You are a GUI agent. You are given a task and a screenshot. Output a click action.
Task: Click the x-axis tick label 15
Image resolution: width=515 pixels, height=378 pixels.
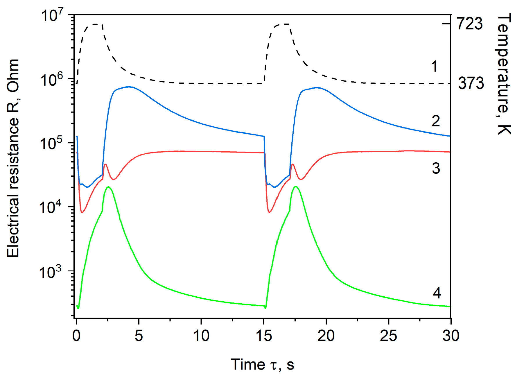[263, 336]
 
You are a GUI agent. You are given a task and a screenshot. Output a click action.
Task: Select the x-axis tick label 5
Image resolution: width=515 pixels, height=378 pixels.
[139, 336]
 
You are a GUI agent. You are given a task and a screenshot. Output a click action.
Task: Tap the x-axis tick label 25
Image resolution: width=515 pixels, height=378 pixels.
[388, 336]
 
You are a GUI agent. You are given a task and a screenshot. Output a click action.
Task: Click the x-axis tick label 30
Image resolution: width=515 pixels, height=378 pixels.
[451, 336]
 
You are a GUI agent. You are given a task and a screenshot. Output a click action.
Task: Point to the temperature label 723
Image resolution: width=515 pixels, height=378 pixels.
[470, 24]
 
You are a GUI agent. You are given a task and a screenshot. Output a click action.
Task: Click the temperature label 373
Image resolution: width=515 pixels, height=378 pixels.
[471, 83]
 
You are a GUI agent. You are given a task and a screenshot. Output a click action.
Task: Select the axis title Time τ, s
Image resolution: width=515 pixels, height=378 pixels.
[262, 364]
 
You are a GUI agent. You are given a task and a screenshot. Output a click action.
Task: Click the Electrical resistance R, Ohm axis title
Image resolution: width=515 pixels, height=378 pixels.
[13, 158]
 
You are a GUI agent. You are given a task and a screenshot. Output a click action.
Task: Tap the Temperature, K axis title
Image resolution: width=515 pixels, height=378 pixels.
[503, 74]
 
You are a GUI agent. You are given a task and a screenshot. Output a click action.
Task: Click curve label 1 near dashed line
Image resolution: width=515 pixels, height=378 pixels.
[434, 67]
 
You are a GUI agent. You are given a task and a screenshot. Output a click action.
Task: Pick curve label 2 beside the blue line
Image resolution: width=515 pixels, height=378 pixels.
[435, 121]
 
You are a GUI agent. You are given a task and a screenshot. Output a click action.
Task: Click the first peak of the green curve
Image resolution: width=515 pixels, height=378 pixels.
[109, 187]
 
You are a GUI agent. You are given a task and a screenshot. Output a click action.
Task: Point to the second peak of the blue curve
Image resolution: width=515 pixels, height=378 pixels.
[317, 87]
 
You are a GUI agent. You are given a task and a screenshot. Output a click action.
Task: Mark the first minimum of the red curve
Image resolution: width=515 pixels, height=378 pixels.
[82, 212]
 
